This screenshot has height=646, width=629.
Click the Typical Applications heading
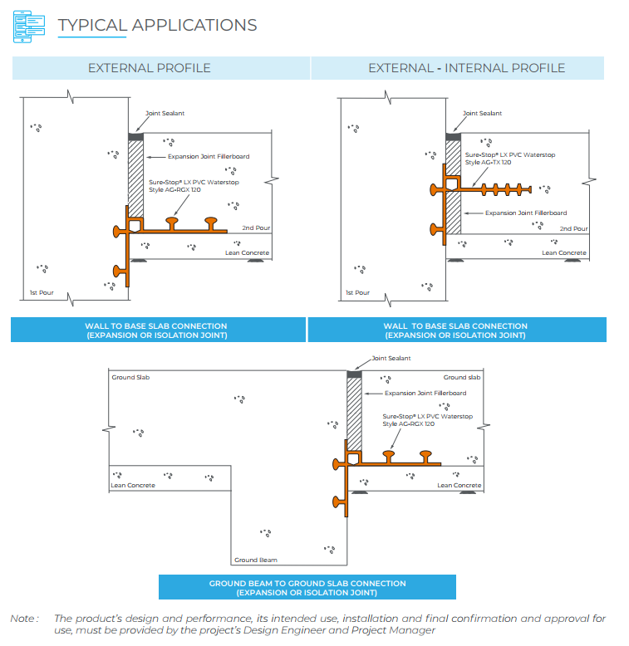157,25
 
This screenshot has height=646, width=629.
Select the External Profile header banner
150,68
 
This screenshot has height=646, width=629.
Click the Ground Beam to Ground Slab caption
307,588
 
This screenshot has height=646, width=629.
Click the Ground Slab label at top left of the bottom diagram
130,377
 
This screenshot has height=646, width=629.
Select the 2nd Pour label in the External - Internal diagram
573,228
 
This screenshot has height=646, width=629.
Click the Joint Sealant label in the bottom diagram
391,359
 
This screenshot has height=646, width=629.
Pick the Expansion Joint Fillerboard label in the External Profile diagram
209,156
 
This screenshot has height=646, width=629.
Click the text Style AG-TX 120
488,162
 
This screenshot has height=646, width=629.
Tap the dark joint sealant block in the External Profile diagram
137,135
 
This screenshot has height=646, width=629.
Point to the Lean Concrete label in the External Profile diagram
248,253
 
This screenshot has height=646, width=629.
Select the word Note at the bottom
23,618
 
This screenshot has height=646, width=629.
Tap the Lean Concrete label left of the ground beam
133,485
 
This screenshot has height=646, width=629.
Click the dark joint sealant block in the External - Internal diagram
455,135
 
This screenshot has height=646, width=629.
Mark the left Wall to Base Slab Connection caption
156,330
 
